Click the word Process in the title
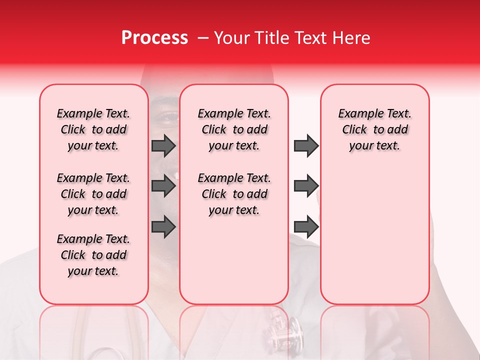point(154,38)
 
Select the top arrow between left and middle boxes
point(163,145)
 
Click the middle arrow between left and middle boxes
point(163,186)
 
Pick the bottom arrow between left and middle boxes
point(163,227)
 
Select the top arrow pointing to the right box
point(306,145)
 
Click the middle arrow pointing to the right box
point(306,186)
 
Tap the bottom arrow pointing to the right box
point(306,227)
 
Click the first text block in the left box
point(93,129)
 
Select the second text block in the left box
point(93,194)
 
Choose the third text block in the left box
point(93,255)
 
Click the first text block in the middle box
point(234,129)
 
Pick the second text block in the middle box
point(234,194)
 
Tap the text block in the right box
point(374,129)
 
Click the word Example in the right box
point(356,114)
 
